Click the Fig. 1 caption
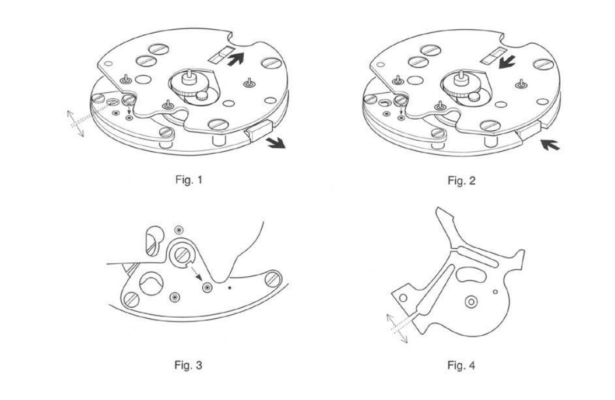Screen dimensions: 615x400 click(189, 180)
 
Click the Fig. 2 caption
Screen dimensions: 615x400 click(461, 180)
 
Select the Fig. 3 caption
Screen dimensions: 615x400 click(188, 365)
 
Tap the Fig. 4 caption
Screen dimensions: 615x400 click(461, 366)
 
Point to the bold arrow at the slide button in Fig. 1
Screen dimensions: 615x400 click(276, 142)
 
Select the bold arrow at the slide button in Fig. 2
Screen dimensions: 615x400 click(550, 145)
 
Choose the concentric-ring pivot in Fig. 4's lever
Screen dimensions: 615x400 click(470, 302)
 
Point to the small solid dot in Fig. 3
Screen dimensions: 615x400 click(230, 288)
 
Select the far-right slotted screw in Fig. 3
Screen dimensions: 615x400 click(273, 280)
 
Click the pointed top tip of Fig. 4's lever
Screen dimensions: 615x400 click(437, 208)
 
